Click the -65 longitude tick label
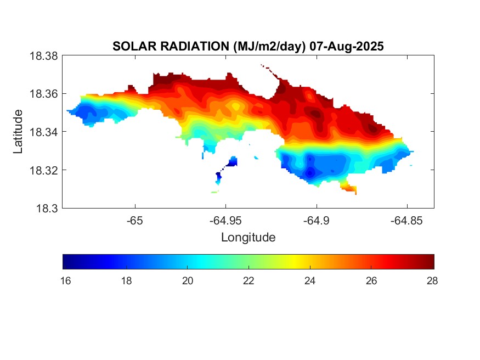pos(134,221)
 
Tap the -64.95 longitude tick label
pos(225,221)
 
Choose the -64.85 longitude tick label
pos(406,221)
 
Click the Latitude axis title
pos(19,132)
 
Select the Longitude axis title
pos(248,238)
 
